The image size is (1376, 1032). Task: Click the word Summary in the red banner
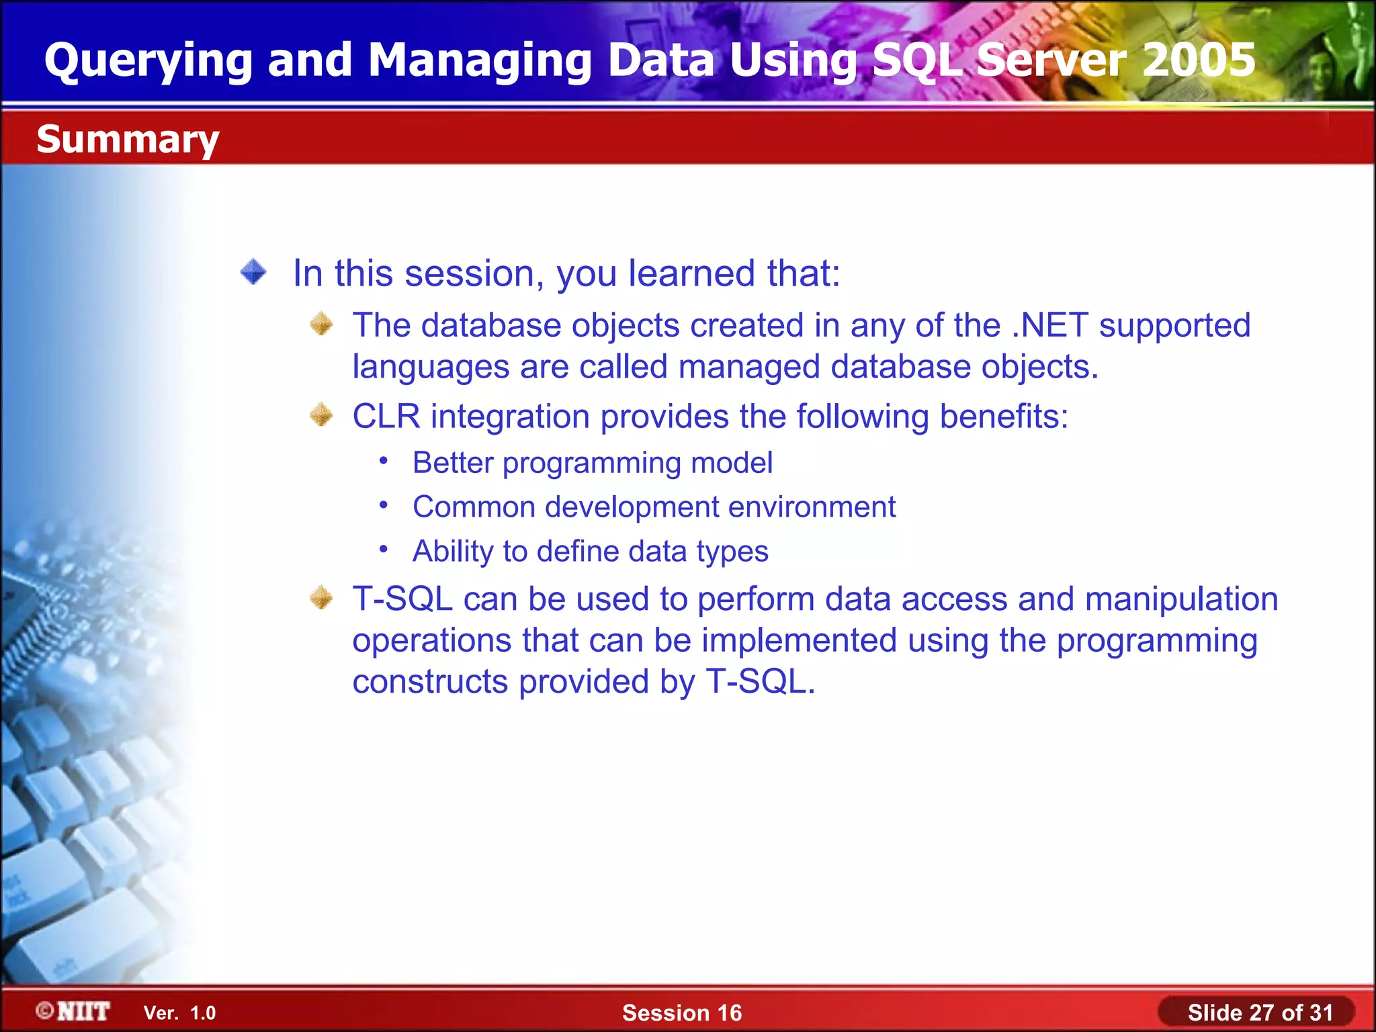click(x=128, y=140)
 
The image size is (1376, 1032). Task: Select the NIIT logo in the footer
click(x=74, y=1011)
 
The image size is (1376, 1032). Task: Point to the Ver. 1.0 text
click(x=179, y=1013)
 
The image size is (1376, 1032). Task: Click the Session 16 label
click(x=681, y=1013)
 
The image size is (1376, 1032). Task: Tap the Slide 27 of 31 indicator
click(x=1259, y=1013)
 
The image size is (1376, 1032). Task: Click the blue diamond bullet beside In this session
click(x=253, y=272)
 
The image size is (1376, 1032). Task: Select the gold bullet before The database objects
click(x=321, y=325)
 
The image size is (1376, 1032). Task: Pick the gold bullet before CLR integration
click(x=321, y=415)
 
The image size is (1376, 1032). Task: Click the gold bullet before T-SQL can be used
click(x=321, y=597)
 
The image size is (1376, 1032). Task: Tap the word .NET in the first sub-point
click(x=1049, y=325)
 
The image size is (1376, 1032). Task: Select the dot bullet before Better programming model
click(x=383, y=461)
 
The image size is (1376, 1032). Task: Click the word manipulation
click(x=1181, y=599)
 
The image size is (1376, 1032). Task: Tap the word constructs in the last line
click(x=430, y=682)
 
